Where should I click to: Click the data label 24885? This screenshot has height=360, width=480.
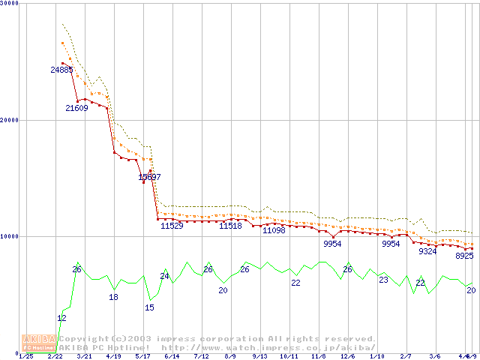(x=62, y=70)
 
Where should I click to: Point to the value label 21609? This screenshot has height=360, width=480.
(x=76, y=108)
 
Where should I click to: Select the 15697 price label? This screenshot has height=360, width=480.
(x=149, y=177)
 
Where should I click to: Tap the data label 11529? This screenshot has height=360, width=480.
(x=172, y=226)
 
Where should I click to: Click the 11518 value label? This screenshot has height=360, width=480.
(x=230, y=226)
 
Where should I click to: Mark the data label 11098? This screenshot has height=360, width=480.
(x=274, y=230)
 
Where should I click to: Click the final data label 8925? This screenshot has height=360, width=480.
(x=464, y=256)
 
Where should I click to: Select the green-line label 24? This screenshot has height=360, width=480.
(x=164, y=276)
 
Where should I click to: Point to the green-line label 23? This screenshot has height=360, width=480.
(x=383, y=280)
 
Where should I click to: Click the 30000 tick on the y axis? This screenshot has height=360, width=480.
(x=10, y=4)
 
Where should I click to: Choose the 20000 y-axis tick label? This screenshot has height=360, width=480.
(x=10, y=120)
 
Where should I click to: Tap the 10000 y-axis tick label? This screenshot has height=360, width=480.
(x=10, y=236)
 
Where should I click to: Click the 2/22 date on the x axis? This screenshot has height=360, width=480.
(x=55, y=356)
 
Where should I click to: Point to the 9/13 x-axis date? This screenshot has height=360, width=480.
(x=260, y=356)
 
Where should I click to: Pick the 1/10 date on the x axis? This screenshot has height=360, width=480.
(x=377, y=356)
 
